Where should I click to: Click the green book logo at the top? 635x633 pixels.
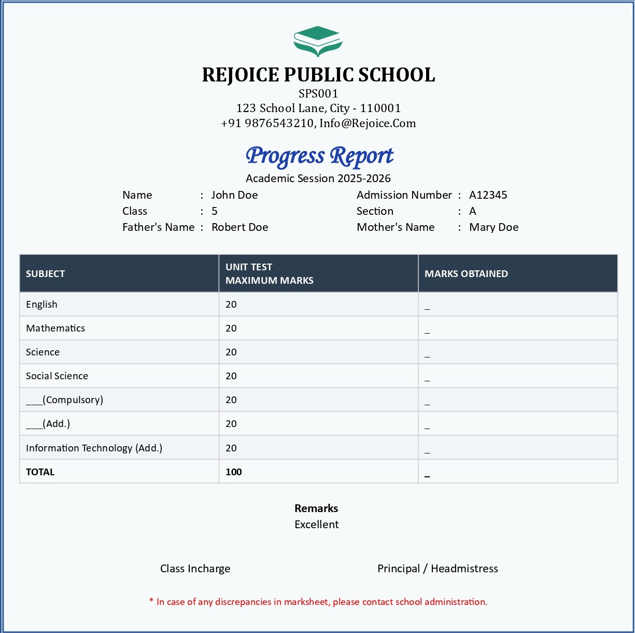(318, 41)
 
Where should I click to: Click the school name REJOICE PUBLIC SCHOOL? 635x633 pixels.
(318, 75)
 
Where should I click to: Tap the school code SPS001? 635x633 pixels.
(318, 93)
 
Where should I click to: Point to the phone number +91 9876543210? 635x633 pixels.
(267, 123)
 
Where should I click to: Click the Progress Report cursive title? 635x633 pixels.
(319, 156)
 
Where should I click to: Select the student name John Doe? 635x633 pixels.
(234, 195)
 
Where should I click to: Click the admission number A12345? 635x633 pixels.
(488, 195)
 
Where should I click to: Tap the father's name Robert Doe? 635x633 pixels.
(239, 227)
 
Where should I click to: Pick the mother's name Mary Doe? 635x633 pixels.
(493, 227)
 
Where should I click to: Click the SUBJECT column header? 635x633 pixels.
(46, 274)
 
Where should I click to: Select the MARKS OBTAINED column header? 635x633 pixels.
(466, 274)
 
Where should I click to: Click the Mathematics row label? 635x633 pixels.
(55, 328)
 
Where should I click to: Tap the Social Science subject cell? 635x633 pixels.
(57, 376)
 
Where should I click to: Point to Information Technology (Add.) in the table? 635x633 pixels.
(94, 448)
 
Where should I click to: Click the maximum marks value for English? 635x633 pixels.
(231, 305)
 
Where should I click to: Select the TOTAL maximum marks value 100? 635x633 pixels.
(234, 472)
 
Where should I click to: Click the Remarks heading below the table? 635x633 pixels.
(316, 508)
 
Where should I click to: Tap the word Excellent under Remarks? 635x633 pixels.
(316, 525)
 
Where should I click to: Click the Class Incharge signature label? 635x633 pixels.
(195, 569)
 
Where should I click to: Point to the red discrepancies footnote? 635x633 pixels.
(318, 602)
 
